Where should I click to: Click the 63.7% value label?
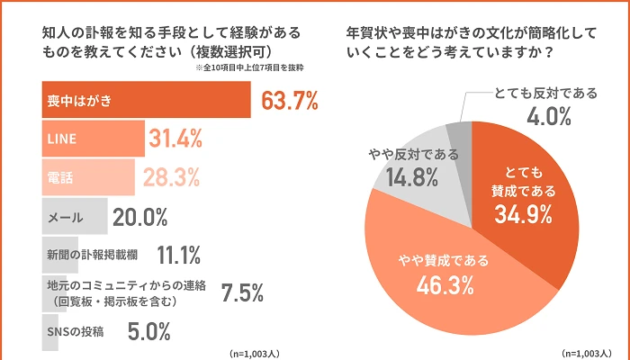[290, 101]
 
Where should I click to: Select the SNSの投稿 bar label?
[74, 331]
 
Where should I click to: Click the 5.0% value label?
[148, 331]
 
